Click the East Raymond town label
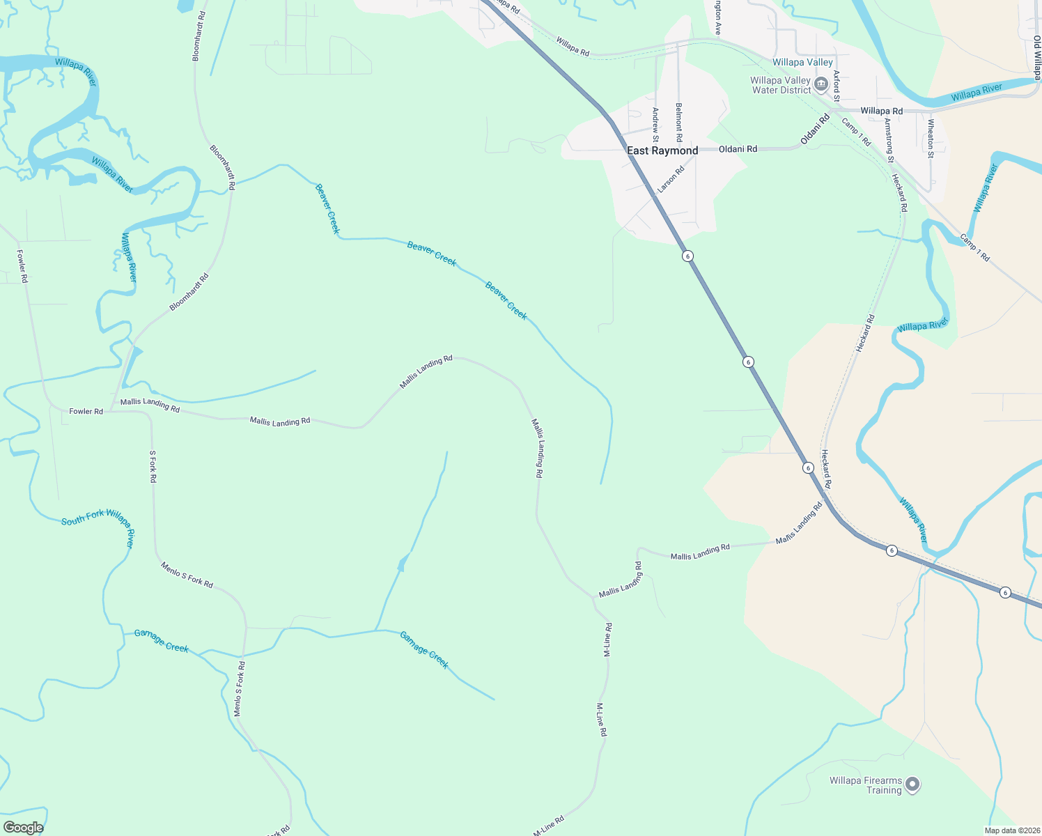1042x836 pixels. point(662,150)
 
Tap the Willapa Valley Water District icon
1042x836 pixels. point(821,85)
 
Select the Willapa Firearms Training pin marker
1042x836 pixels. point(912,784)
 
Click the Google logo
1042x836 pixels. point(23,828)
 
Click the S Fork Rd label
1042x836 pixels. point(153,466)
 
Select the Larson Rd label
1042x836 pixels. point(671,178)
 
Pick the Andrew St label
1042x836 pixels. point(655,123)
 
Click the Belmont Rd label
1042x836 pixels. point(679,122)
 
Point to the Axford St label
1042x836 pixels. point(837,85)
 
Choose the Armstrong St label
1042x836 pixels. point(889,140)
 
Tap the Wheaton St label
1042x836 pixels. point(931,138)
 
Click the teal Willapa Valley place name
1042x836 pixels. point(802,63)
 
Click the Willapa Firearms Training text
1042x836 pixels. point(866,785)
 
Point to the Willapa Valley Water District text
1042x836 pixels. point(781,85)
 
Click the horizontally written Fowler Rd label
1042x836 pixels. point(86,412)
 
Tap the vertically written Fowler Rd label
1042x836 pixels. point(22,266)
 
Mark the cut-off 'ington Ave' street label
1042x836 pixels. point(717,17)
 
